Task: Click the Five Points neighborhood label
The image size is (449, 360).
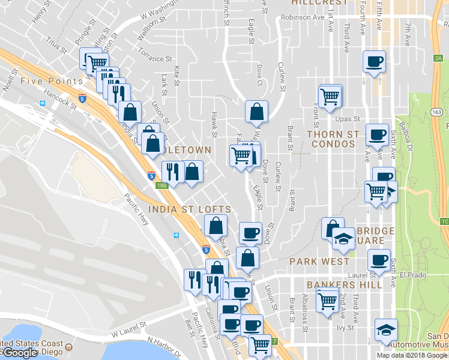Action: [x=43, y=81]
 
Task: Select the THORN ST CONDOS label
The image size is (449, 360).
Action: [x=333, y=139]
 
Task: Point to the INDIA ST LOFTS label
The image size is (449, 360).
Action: [x=190, y=209]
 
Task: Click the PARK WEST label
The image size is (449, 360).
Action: [x=319, y=262]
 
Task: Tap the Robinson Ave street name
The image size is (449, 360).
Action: [x=303, y=17]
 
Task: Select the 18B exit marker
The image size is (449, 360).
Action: [x=162, y=185]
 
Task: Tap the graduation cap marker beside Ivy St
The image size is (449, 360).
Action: [x=386, y=329]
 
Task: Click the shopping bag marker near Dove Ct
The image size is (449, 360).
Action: [x=256, y=112]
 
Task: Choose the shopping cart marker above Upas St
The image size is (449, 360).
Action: [x=330, y=96]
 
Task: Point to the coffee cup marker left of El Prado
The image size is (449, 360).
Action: [x=379, y=260]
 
